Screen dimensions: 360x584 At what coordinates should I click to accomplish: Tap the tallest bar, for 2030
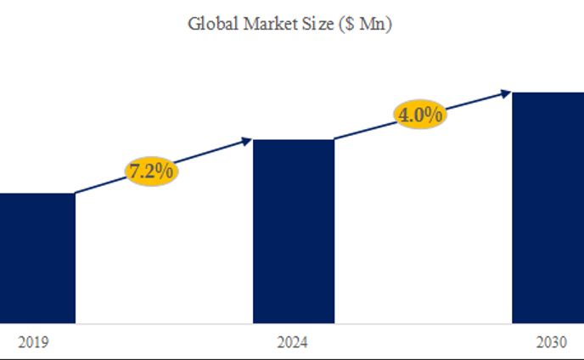click(x=548, y=207)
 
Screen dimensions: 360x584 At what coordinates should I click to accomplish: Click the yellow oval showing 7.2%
click(x=151, y=170)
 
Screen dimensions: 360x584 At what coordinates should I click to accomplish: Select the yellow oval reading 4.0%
click(x=419, y=115)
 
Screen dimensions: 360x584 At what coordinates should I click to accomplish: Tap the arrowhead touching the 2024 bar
click(x=248, y=139)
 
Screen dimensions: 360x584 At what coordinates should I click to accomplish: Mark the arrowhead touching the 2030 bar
click(x=507, y=92)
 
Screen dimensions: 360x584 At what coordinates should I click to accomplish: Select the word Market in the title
click(x=263, y=24)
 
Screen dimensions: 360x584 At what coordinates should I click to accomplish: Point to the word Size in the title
click(x=313, y=24)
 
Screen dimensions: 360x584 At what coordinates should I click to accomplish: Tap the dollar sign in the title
click(x=345, y=25)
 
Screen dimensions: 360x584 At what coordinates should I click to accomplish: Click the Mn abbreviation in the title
click(x=370, y=24)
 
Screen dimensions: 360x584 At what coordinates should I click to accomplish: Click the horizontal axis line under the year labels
click(x=292, y=357)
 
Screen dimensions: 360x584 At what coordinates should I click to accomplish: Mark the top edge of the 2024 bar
click(x=294, y=140)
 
